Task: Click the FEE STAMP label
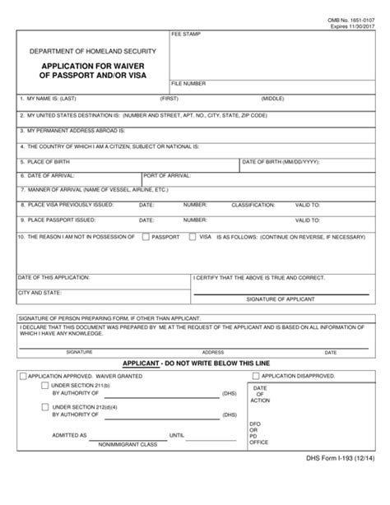pyautogui.click(x=185, y=35)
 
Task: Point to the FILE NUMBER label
pyautogui.click(x=189, y=84)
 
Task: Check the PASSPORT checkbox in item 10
pyautogui.click(x=145, y=237)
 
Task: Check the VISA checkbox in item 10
pyautogui.click(x=192, y=237)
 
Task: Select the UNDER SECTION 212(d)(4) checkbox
pyautogui.click(x=44, y=406)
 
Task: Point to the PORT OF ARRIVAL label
pyautogui.click(x=167, y=175)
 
